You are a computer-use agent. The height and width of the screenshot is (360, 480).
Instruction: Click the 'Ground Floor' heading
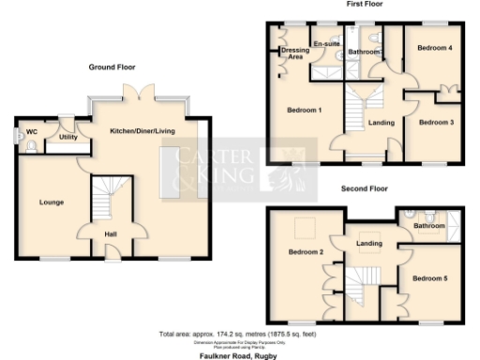[112, 67]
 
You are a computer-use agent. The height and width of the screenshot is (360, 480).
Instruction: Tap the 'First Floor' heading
[368, 5]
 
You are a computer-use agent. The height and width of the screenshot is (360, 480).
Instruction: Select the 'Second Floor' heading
[366, 188]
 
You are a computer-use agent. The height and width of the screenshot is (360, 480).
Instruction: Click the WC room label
[31, 132]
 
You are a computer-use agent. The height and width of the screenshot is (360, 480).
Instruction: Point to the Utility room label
[67, 137]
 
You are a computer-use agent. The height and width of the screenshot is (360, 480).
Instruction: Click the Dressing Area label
[295, 52]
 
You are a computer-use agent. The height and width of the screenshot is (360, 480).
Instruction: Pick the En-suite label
[325, 43]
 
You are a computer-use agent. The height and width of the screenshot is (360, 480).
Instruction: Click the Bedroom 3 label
[435, 123]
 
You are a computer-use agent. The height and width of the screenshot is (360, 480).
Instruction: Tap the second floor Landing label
[369, 245]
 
